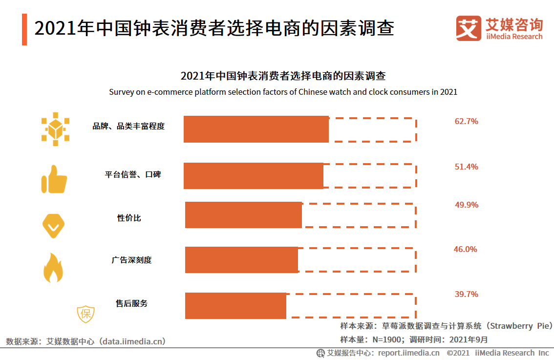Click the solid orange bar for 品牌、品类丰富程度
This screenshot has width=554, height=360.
coord(256,129)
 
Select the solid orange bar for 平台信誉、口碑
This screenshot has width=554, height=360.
coord(253,175)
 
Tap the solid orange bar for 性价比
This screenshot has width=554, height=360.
coord(243,214)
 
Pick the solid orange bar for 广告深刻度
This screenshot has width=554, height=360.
coord(241,259)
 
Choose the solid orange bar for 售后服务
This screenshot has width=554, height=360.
coord(235,305)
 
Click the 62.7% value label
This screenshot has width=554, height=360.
coord(466,121)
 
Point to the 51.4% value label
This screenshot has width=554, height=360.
coord(466,167)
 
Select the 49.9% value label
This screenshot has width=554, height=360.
coord(467,205)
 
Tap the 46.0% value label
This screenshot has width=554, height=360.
coord(465,249)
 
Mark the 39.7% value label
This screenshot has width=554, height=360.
coord(466,294)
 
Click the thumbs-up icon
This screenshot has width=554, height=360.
coord(54,179)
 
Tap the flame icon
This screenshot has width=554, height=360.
coord(53,268)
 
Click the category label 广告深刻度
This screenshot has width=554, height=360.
coord(131,260)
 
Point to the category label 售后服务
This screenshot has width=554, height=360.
coord(131,303)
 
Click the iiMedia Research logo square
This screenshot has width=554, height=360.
coord(469,28)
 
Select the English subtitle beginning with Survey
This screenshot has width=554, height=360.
coord(283,92)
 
